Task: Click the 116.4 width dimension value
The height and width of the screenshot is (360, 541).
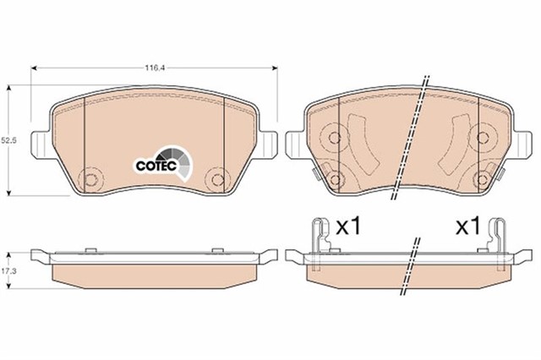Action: pos(154,68)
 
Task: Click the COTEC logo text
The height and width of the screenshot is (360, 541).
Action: pos(156,166)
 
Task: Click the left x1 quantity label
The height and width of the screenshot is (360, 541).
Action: pos(348,226)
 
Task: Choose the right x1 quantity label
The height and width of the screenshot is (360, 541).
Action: pos(468,226)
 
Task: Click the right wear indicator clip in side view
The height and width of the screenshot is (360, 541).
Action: pos(498,242)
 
